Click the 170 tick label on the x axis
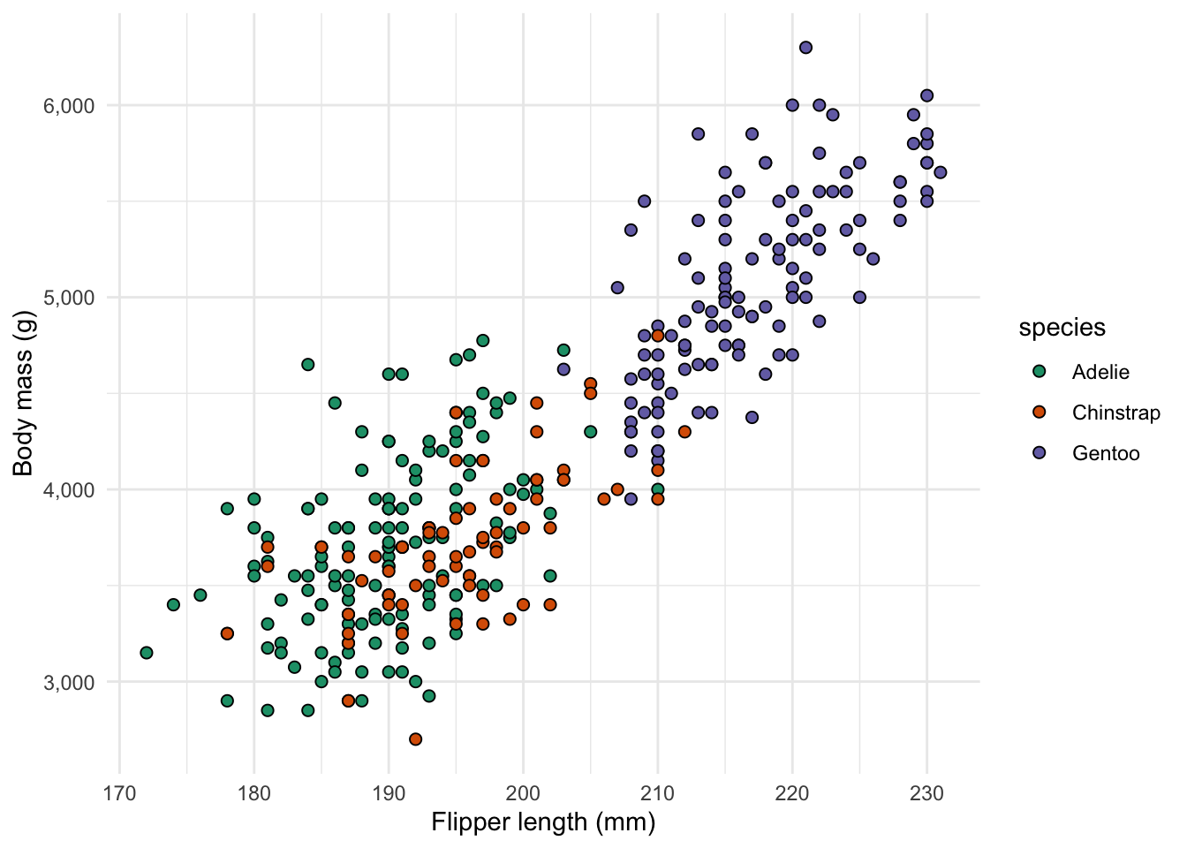coord(119,793)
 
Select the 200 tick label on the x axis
coord(523,793)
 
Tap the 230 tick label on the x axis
coord(926,793)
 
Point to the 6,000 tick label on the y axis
coord(69,106)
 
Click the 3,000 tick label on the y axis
coord(69,682)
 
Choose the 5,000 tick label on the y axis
coord(69,298)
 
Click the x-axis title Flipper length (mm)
coord(543,823)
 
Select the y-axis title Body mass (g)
coord(24,393)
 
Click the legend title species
coord(1062,328)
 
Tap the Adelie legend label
coord(1100,372)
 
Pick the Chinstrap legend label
coord(1115,413)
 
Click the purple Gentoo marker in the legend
coord(1040,453)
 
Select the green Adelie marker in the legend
coord(1040,372)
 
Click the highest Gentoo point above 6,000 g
coord(805,48)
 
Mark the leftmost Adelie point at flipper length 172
coord(147,653)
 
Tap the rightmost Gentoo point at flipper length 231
coord(940,172)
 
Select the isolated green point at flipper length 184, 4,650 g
coord(308,364)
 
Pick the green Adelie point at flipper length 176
coord(200,595)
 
